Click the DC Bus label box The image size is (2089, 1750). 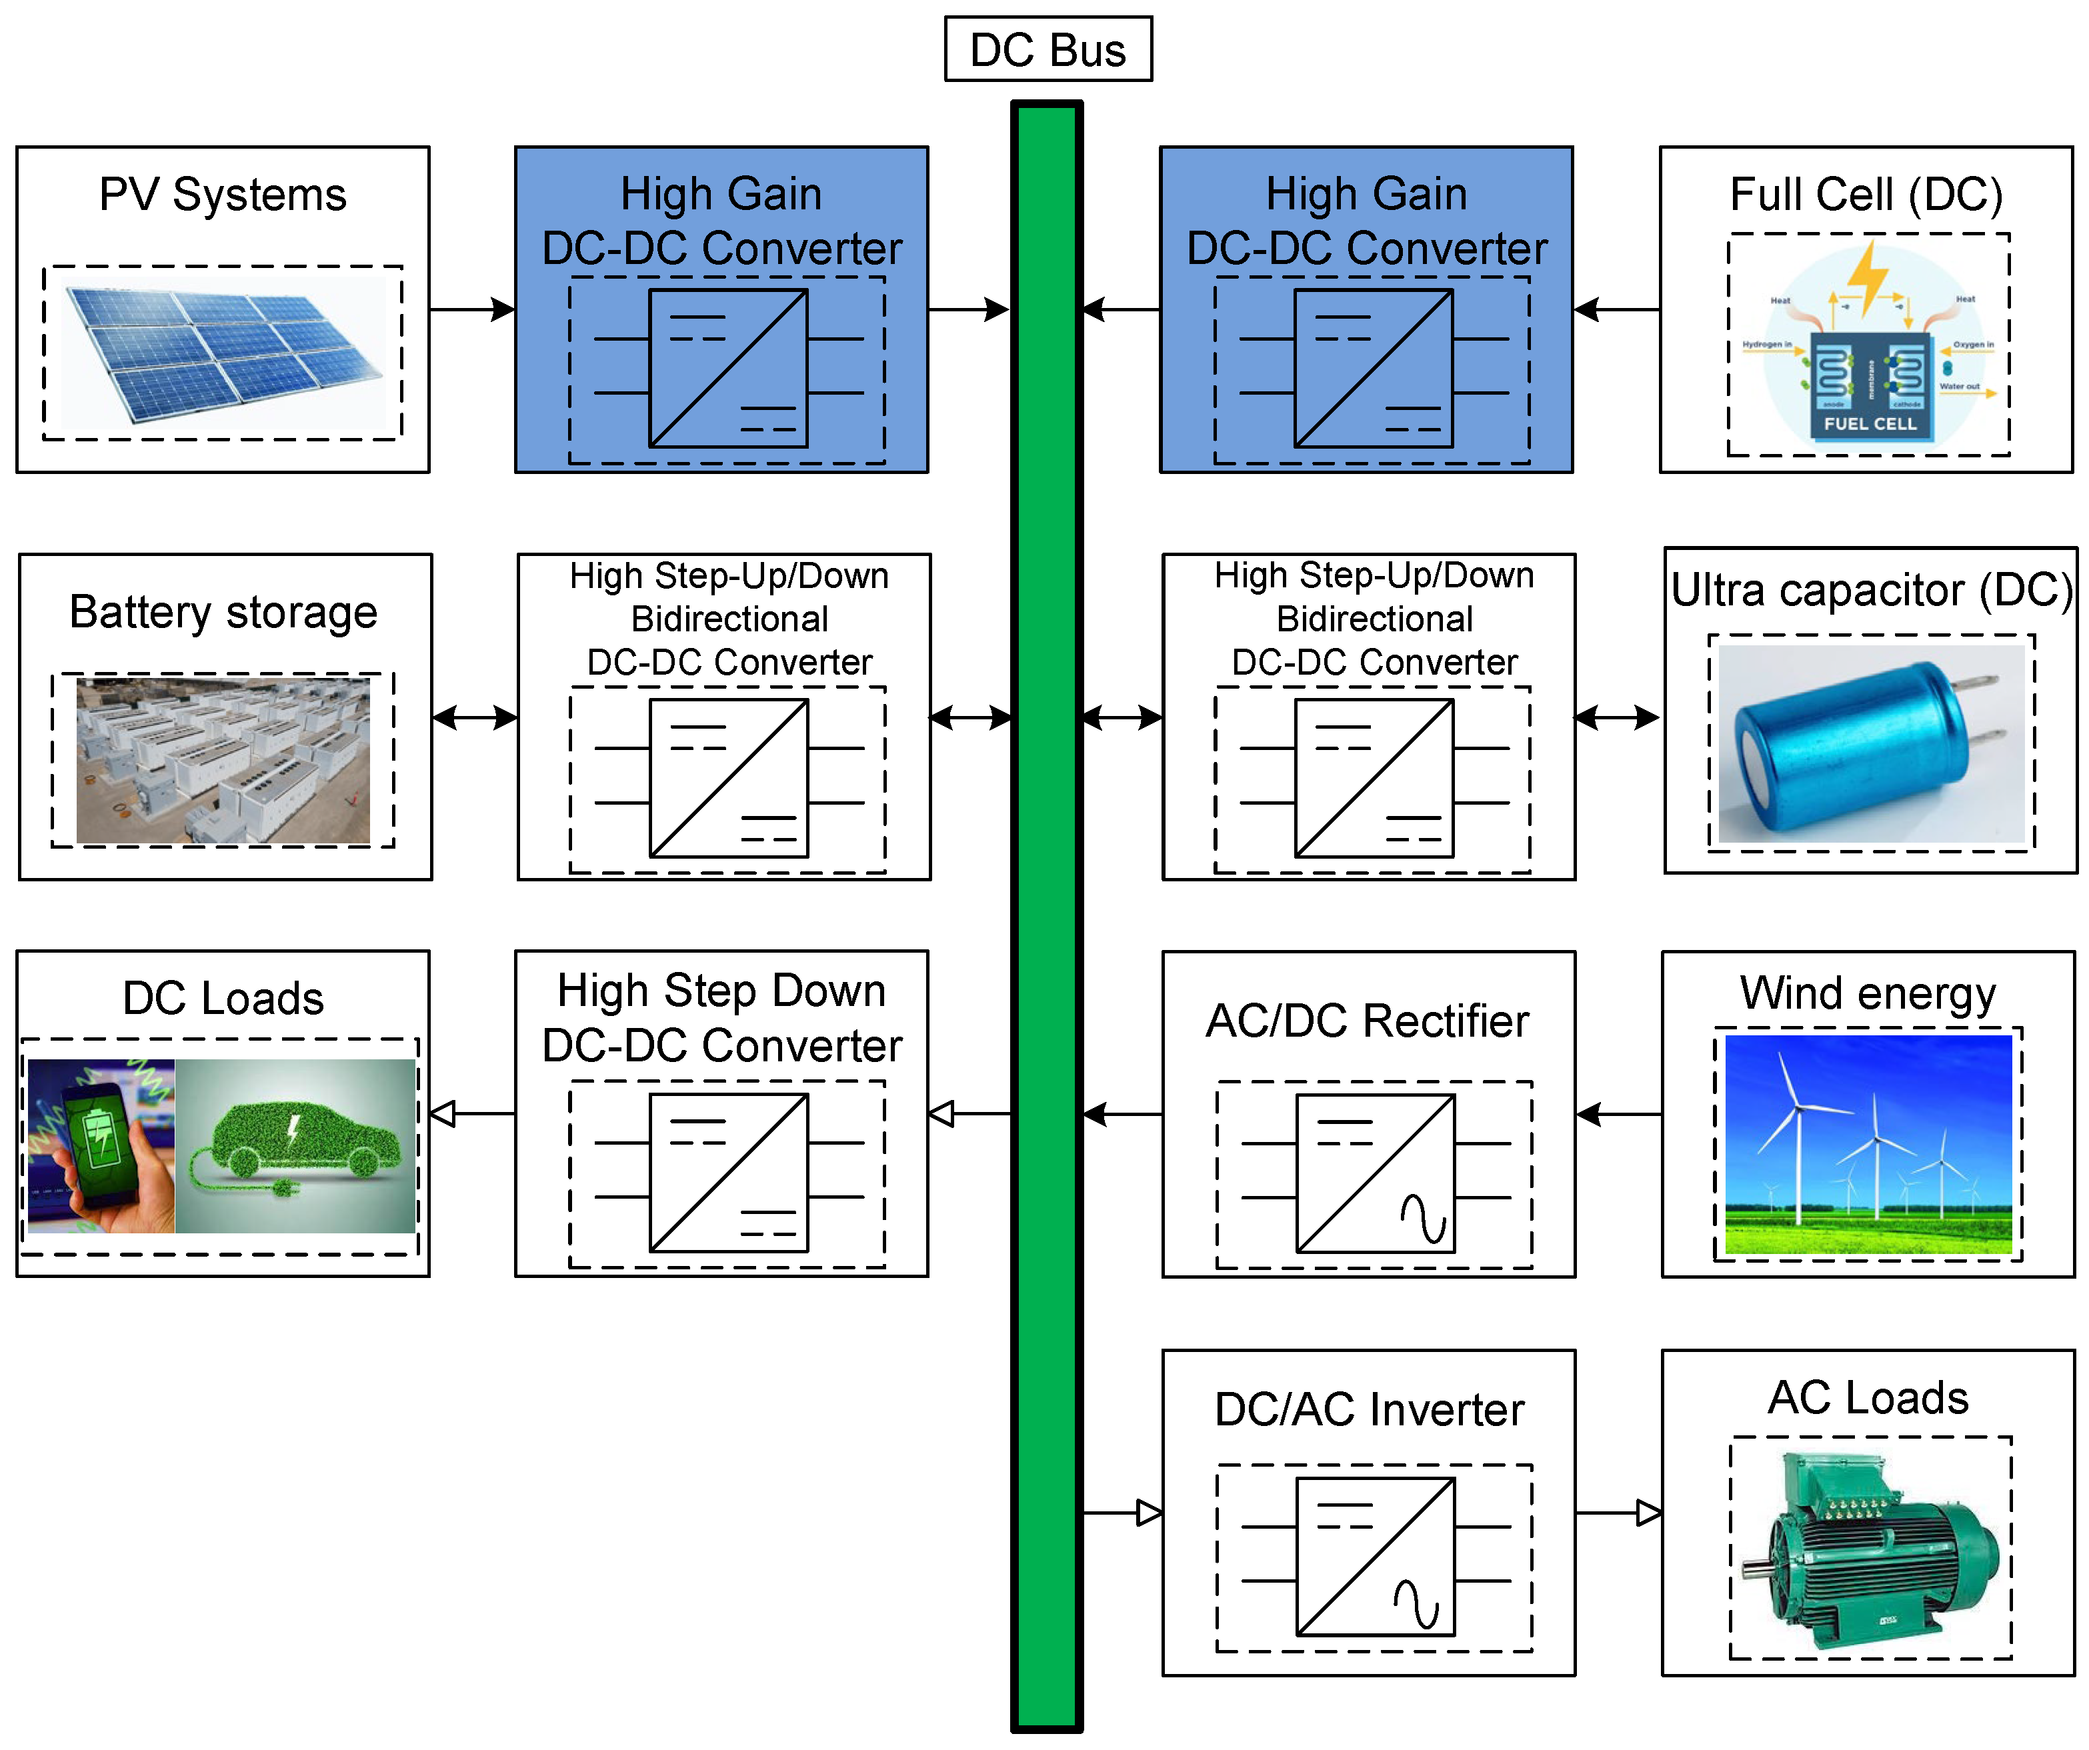1048,49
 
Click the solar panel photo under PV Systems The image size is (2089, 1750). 223,353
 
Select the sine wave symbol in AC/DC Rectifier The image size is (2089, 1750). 1422,1218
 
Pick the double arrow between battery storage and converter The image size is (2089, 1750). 475,717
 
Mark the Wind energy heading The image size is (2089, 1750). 1867,993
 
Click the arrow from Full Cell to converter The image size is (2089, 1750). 1616,309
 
